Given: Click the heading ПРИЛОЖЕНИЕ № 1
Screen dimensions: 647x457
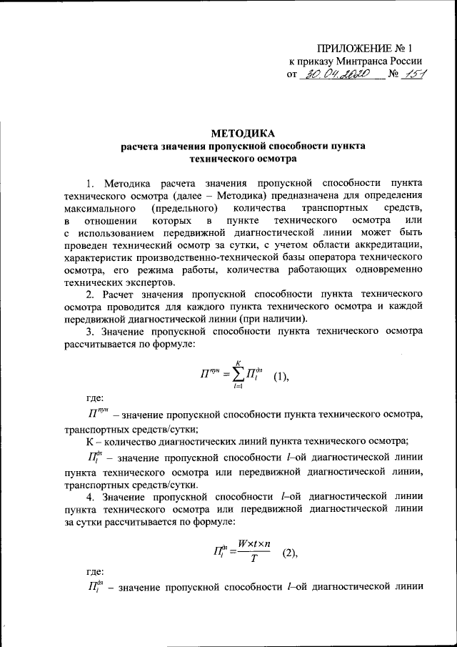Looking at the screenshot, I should [x=364, y=48].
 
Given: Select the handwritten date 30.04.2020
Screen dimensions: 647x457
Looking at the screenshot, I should [x=336, y=75].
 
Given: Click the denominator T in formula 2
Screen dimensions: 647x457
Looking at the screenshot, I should [x=253, y=560].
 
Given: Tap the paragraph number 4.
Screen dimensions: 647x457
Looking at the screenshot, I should [x=89, y=496].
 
